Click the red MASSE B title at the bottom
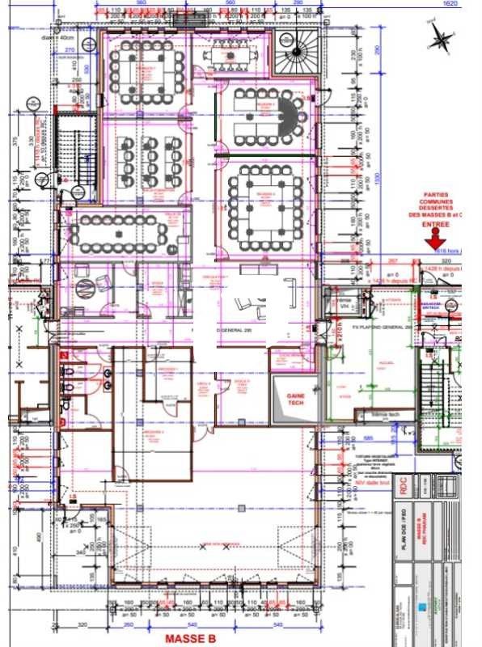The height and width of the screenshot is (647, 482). [190, 639]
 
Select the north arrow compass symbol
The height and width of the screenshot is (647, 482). [441, 36]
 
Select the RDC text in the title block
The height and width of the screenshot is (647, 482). [401, 486]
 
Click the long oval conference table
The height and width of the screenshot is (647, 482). [118, 232]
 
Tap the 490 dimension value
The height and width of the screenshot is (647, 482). [15, 538]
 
